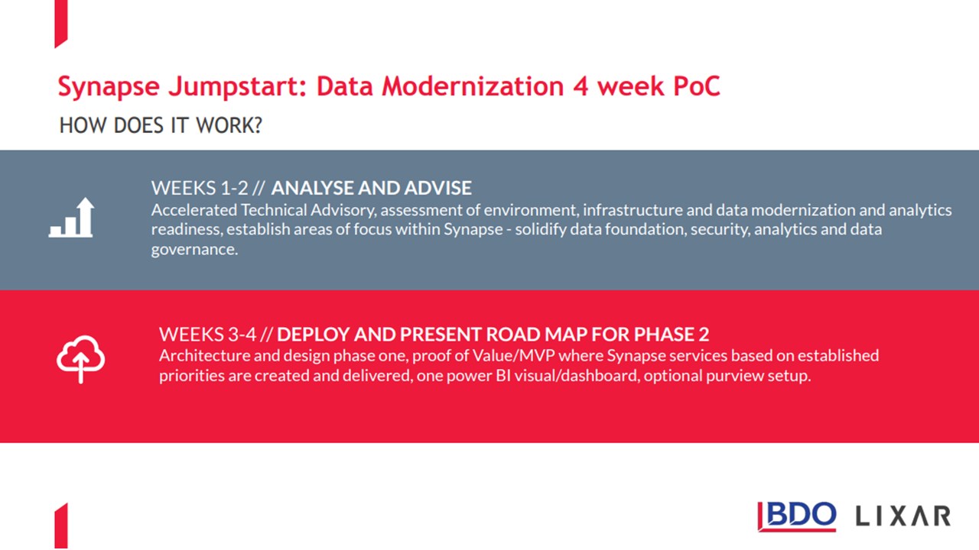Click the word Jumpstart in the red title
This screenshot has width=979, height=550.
pyautogui.click(x=238, y=86)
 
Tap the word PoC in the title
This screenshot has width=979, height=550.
pyautogui.click(x=696, y=86)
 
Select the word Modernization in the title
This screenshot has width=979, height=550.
pyautogui.click(x=473, y=86)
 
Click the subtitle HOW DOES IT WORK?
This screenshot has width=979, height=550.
pyautogui.click(x=161, y=125)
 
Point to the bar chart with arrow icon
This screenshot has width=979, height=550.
pyautogui.click(x=71, y=218)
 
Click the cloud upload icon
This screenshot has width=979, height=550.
pyautogui.click(x=80, y=359)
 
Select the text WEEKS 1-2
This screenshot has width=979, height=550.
pyautogui.click(x=200, y=188)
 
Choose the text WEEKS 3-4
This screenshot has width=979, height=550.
pyautogui.click(x=207, y=335)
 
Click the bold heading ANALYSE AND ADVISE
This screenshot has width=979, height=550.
pyautogui.click(x=372, y=188)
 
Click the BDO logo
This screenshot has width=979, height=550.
pyautogui.click(x=797, y=516)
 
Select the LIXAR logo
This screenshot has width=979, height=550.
pyautogui.click(x=903, y=516)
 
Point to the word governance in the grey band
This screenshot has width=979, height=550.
pyautogui.click(x=194, y=250)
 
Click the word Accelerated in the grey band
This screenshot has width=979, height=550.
pyautogui.click(x=194, y=210)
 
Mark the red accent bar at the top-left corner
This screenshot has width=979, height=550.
pyautogui.click(x=61, y=23)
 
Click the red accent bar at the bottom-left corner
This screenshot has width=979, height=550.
pyautogui.click(x=61, y=526)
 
